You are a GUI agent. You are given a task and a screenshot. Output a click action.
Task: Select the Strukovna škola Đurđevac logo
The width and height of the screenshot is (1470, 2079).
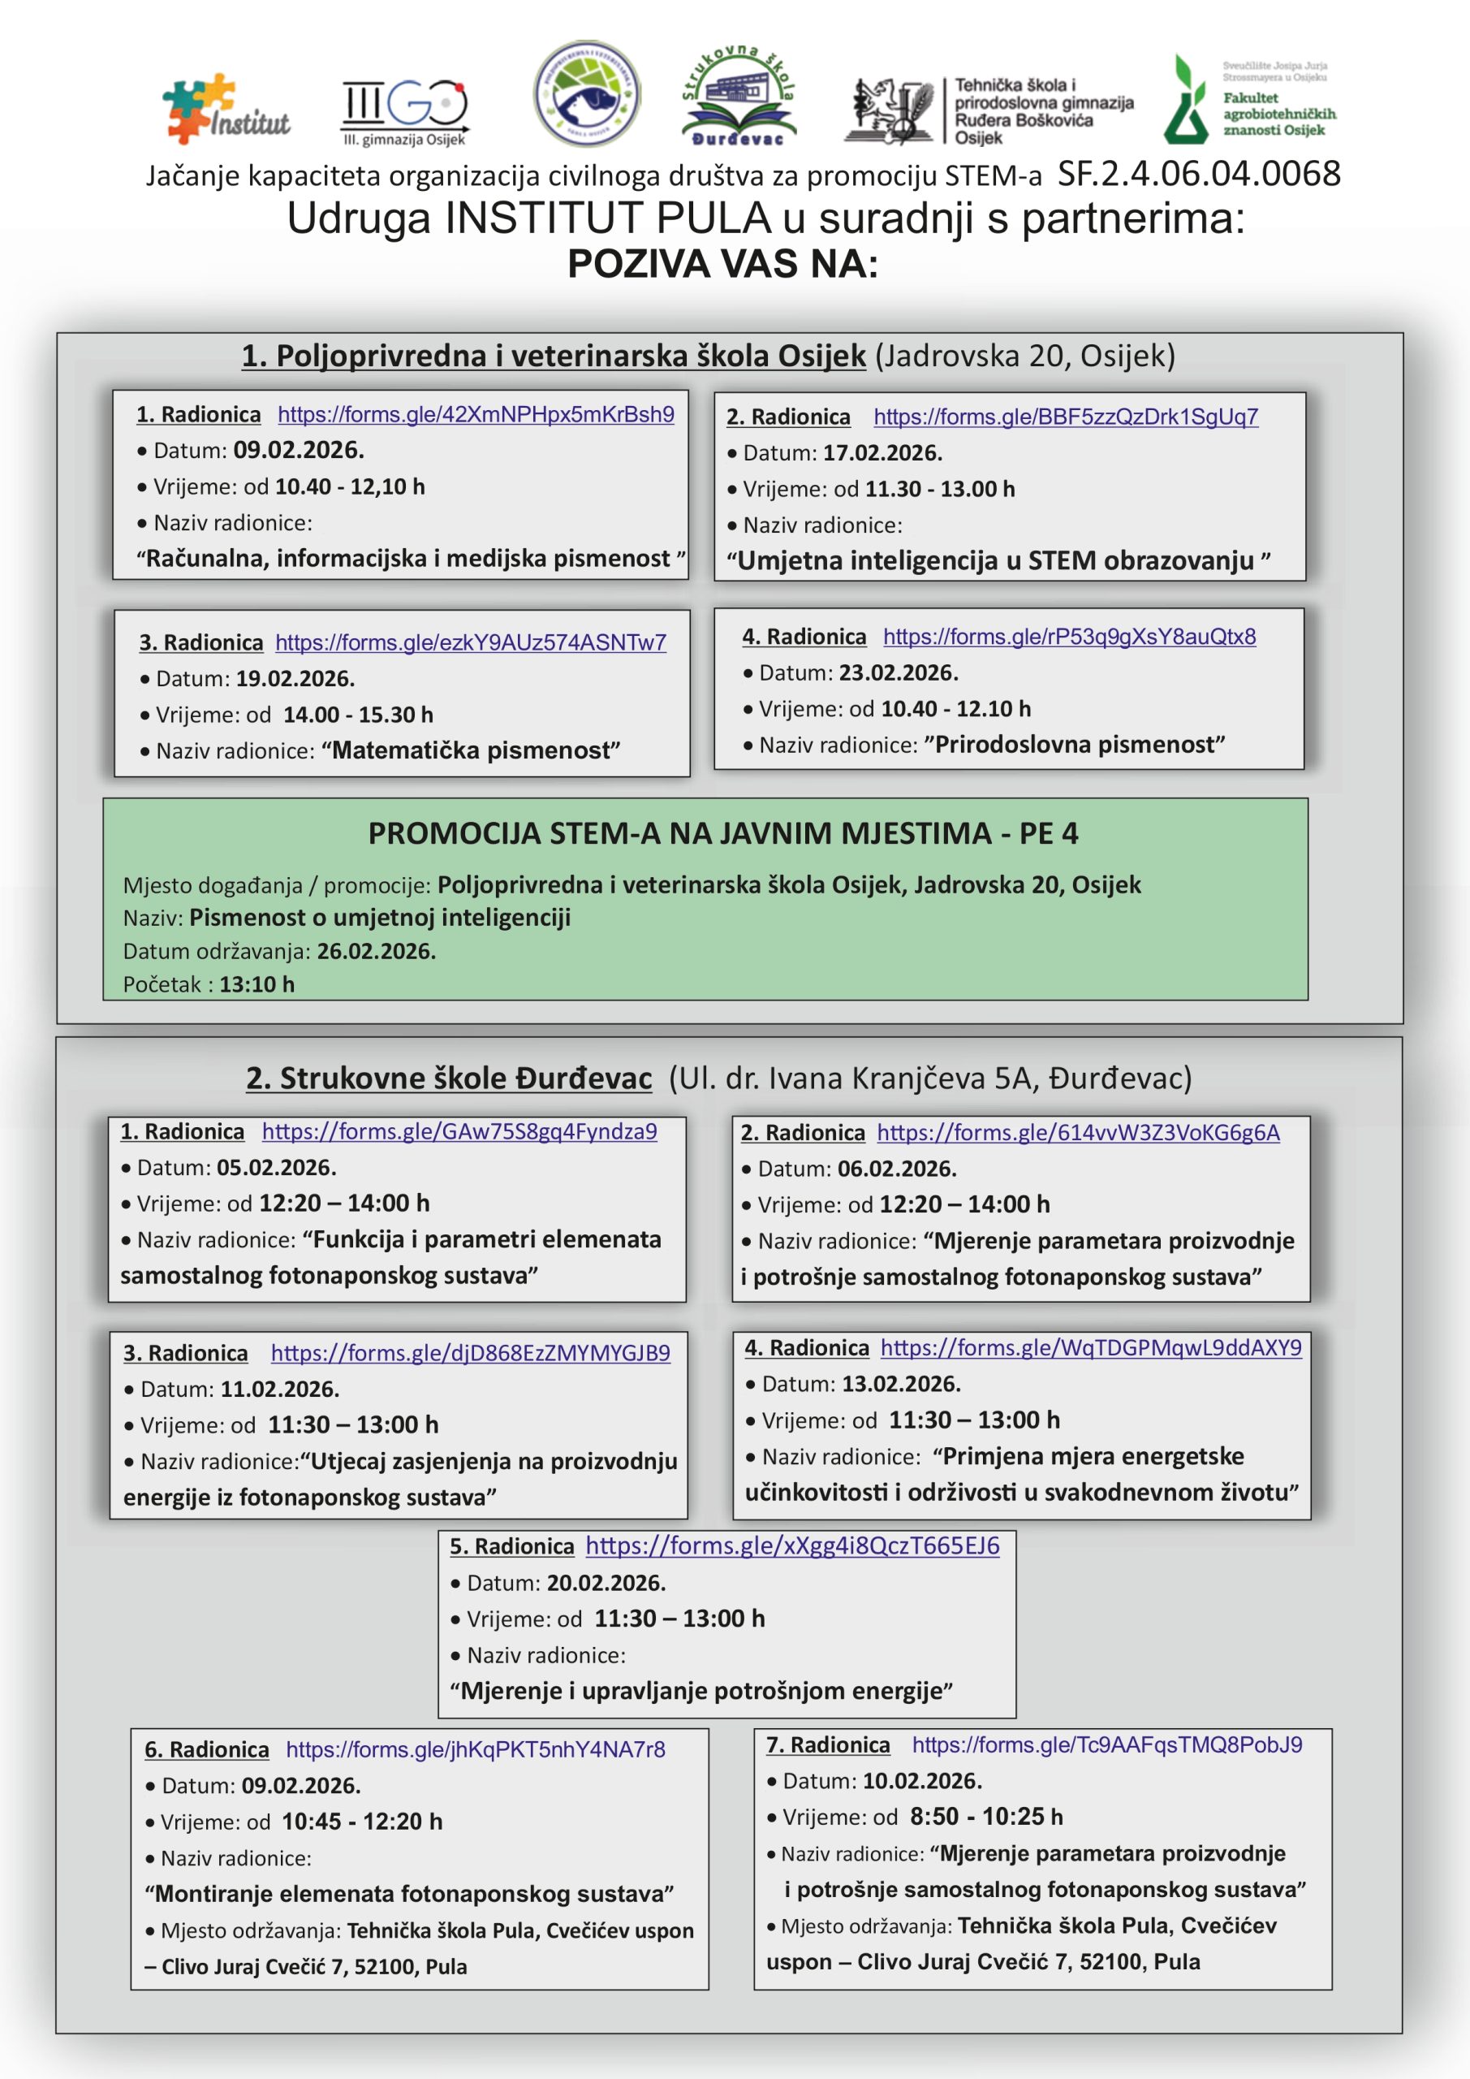point(738,96)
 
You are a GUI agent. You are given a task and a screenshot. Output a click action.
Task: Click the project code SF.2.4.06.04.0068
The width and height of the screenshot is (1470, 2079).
point(1198,174)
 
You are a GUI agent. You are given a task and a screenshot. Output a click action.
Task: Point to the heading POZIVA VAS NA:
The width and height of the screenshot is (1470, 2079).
point(722,265)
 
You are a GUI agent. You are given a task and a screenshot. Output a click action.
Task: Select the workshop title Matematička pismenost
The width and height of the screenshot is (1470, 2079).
point(471,750)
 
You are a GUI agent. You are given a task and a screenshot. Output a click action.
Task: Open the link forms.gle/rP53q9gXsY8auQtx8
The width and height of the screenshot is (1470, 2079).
point(1069,637)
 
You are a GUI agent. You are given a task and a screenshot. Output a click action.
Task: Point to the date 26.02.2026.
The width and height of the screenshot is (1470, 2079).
point(376,952)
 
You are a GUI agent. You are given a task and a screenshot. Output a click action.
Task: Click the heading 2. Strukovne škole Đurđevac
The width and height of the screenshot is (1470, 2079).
point(449,1078)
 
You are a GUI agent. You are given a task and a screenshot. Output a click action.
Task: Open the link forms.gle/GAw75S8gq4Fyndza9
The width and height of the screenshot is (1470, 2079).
point(459,1132)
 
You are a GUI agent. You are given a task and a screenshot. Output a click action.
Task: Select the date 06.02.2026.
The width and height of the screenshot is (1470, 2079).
point(896,1169)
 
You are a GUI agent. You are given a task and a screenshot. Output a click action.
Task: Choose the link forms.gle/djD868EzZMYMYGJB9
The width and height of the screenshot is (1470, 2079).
point(470,1353)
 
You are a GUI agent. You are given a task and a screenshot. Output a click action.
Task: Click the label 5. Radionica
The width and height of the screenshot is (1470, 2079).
point(511,1546)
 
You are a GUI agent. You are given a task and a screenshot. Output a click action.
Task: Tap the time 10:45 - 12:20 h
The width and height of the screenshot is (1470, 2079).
point(361,1821)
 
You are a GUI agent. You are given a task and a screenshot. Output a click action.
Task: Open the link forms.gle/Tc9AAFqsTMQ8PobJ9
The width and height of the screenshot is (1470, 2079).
point(1106,1745)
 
